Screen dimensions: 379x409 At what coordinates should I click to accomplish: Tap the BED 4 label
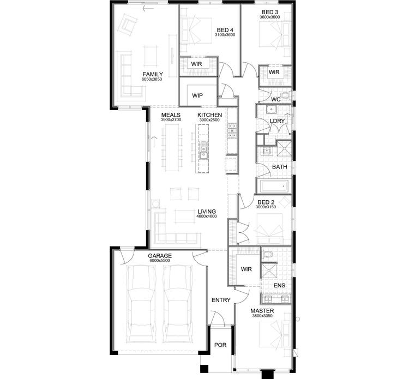pyautogui.click(x=225, y=30)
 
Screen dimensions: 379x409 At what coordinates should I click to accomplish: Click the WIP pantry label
pyautogui.click(x=197, y=95)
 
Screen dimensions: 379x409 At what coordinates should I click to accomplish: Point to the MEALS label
pyautogui.click(x=171, y=115)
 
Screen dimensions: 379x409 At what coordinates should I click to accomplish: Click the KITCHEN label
pyautogui.click(x=209, y=115)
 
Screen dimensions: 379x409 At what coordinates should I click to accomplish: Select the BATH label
pyautogui.click(x=279, y=167)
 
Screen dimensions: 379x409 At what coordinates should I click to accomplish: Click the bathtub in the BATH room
pyautogui.click(x=274, y=187)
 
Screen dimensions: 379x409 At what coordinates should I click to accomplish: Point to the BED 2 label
pyautogui.click(x=267, y=202)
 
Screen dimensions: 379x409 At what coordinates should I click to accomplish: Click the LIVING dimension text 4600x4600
pyautogui.click(x=207, y=216)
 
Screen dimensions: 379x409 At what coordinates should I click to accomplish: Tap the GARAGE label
pyautogui.click(x=160, y=255)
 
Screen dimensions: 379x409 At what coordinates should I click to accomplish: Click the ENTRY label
pyautogui.click(x=221, y=300)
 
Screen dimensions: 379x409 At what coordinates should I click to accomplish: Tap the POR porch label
pyautogui.click(x=220, y=345)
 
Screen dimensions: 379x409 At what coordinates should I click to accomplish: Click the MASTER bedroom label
pyautogui.click(x=262, y=311)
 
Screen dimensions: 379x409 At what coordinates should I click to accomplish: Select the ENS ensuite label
pyautogui.click(x=279, y=285)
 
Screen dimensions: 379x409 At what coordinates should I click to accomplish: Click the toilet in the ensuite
pyautogui.click(x=267, y=255)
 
